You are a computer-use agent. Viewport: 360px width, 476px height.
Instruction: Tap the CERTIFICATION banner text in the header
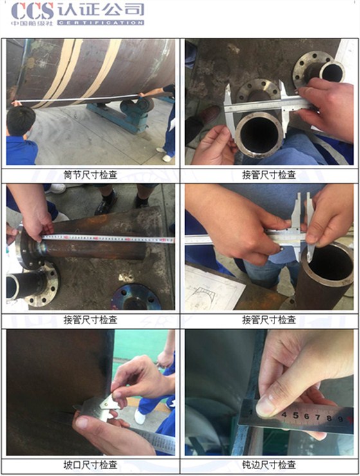pos(100,23)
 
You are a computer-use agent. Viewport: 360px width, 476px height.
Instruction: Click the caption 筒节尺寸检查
pos(91,174)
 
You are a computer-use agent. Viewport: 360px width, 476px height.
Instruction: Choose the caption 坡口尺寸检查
pos(91,464)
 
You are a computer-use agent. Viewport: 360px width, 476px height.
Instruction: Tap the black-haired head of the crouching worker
pos(21,120)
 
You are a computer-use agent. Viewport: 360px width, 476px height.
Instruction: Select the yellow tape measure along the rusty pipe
pos(109,239)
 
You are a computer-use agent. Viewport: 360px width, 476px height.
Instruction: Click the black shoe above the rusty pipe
pos(105,205)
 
